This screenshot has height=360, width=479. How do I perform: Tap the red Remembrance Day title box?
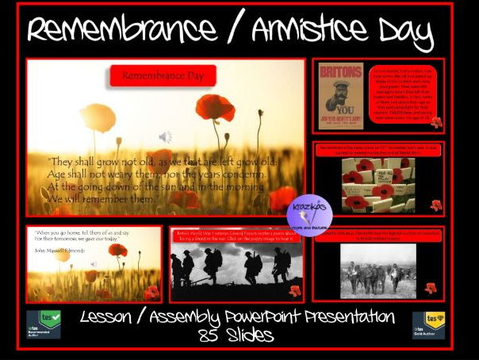pos(163,76)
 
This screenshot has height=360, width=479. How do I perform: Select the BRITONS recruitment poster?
pos(340,96)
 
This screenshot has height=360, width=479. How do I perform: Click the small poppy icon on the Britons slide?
pos(435,123)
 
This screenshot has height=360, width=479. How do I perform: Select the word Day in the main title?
pos(404,33)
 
